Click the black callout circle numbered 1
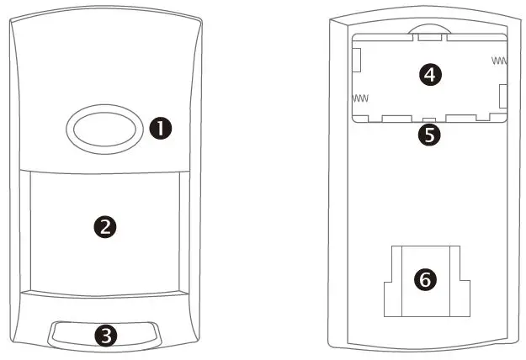coord(160,128)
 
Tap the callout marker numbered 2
coord(106,225)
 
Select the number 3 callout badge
coord(104,335)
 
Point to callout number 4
coord(430,75)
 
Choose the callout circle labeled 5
coord(429,135)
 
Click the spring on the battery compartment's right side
coord(500,61)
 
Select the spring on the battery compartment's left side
coord(360,98)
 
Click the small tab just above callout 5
coord(429,119)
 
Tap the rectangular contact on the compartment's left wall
coord(357,59)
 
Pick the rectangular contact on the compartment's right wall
coord(502,96)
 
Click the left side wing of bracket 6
coord(391,295)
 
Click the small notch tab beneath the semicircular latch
coord(429,36)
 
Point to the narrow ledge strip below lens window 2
coord(106,294)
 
